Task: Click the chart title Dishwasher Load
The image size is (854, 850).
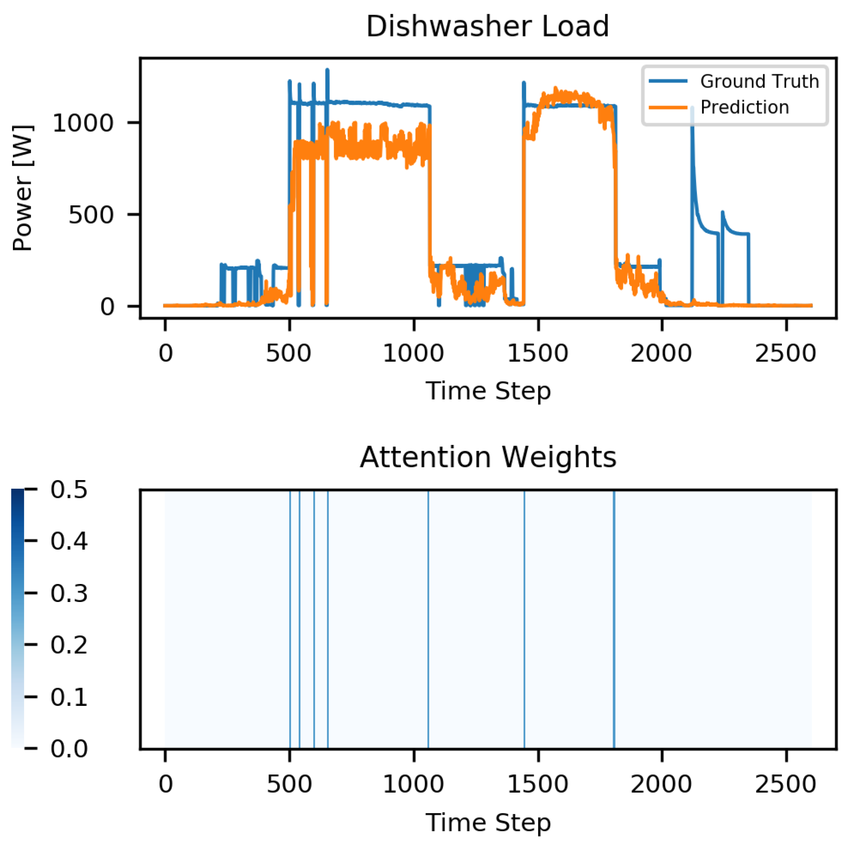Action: pos(488,27)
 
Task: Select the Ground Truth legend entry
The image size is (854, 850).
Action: pos(759,82)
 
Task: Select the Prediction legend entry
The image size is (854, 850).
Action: pos(744,107)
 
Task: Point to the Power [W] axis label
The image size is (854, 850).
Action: pos(23,188)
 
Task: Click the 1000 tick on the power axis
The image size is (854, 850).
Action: pos(83,123)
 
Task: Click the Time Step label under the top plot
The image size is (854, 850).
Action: pos(488,391)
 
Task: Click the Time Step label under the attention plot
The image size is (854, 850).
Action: pos(488,822)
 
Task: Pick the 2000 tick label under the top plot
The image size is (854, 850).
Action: pos(661,354)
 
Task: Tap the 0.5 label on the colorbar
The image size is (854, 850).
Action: pos(69,490)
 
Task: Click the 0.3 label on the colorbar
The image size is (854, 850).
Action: pos(69,593)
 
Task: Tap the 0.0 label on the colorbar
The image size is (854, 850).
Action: pos(69,748)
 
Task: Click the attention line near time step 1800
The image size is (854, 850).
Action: pos(614,619)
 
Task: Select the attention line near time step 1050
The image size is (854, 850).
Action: pos(428,619)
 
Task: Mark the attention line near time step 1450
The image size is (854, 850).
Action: pos(524,619)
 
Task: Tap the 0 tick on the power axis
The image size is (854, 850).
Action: pos(107,306)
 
